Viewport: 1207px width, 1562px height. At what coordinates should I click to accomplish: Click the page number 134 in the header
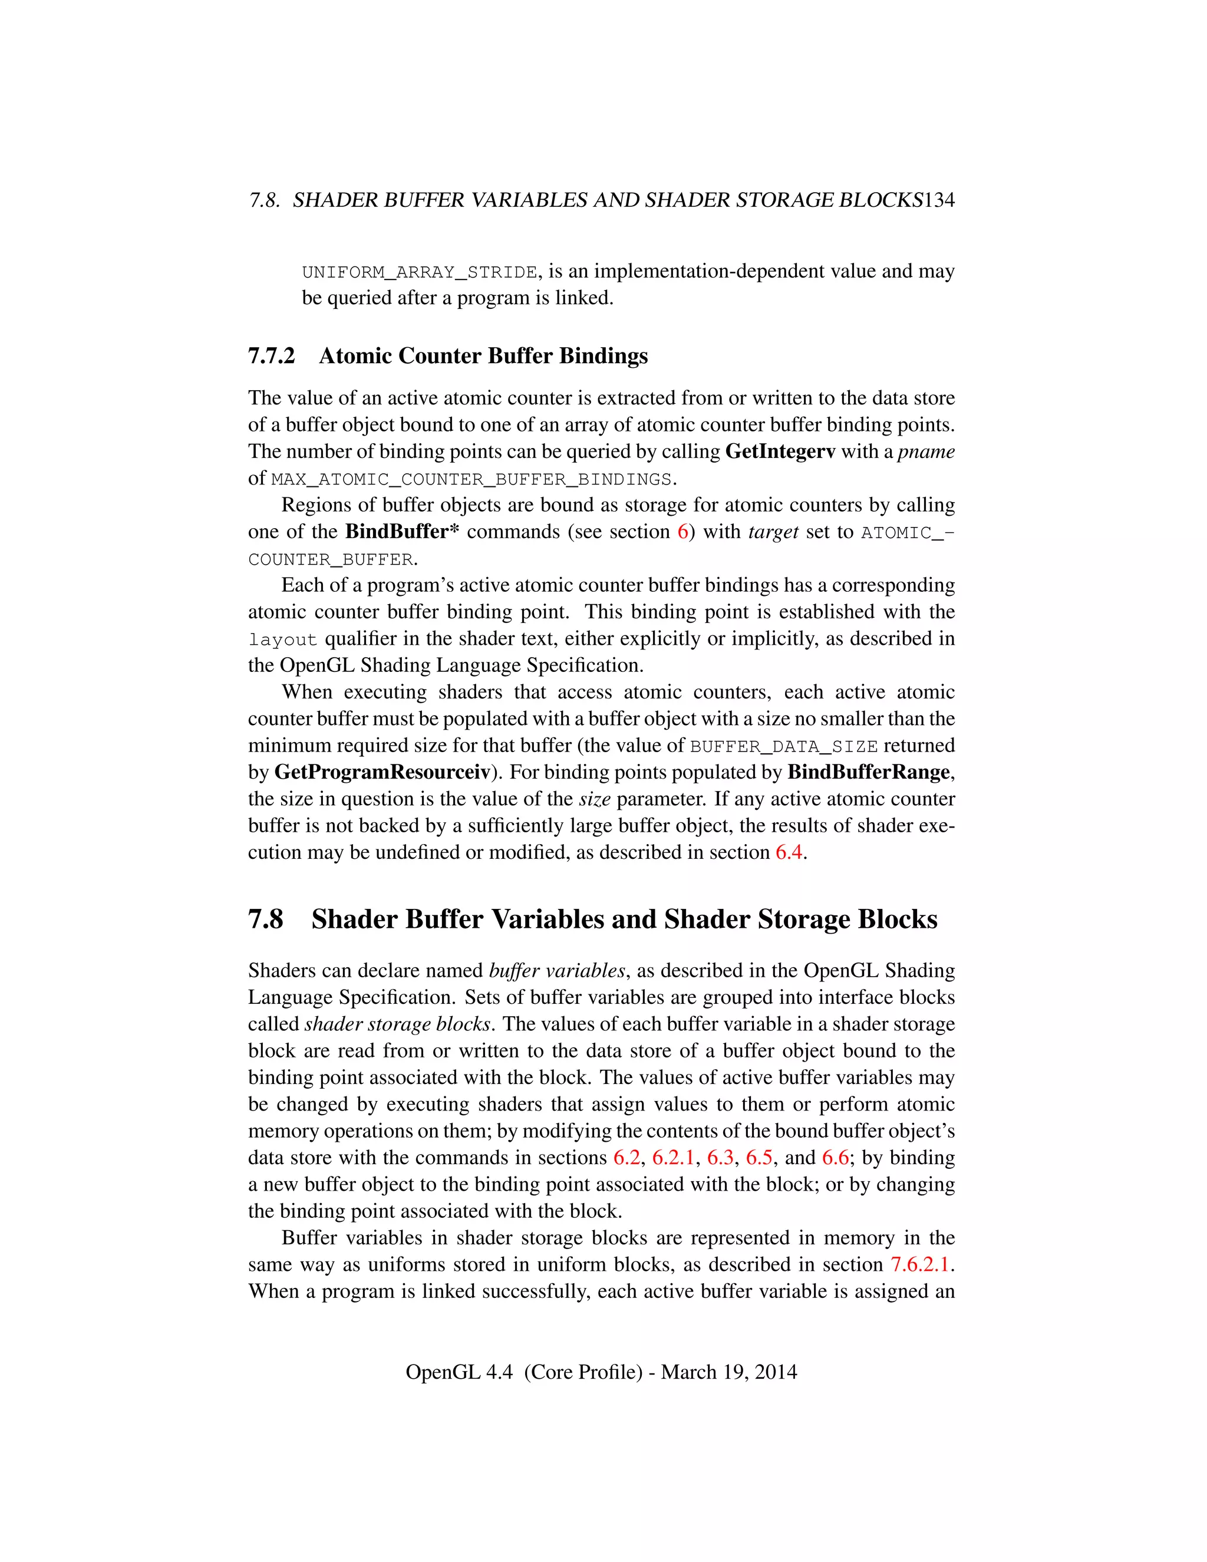coord(939,200)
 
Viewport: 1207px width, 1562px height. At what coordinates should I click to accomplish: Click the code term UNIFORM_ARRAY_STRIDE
coord(419,272)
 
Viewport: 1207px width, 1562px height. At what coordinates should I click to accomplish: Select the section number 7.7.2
coord(271,356)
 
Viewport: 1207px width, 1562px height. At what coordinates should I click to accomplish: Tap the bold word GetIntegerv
coord(780,452)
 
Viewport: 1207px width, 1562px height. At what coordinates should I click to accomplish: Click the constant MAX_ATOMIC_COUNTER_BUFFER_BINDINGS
coord(471,479)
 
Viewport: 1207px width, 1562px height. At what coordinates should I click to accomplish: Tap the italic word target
coord(773,532)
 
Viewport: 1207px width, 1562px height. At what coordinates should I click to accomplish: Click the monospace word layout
coord(283,640)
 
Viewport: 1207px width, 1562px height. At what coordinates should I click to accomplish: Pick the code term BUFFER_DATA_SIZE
coord(784,747)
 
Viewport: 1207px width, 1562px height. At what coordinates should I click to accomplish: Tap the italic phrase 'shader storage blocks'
coord(398,1025)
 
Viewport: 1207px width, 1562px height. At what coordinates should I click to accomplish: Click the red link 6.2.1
coord(673,1158)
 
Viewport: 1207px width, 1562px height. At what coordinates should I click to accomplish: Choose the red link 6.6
coord(835,1158)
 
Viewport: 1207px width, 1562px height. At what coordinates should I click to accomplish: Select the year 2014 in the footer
coord(776,1372)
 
